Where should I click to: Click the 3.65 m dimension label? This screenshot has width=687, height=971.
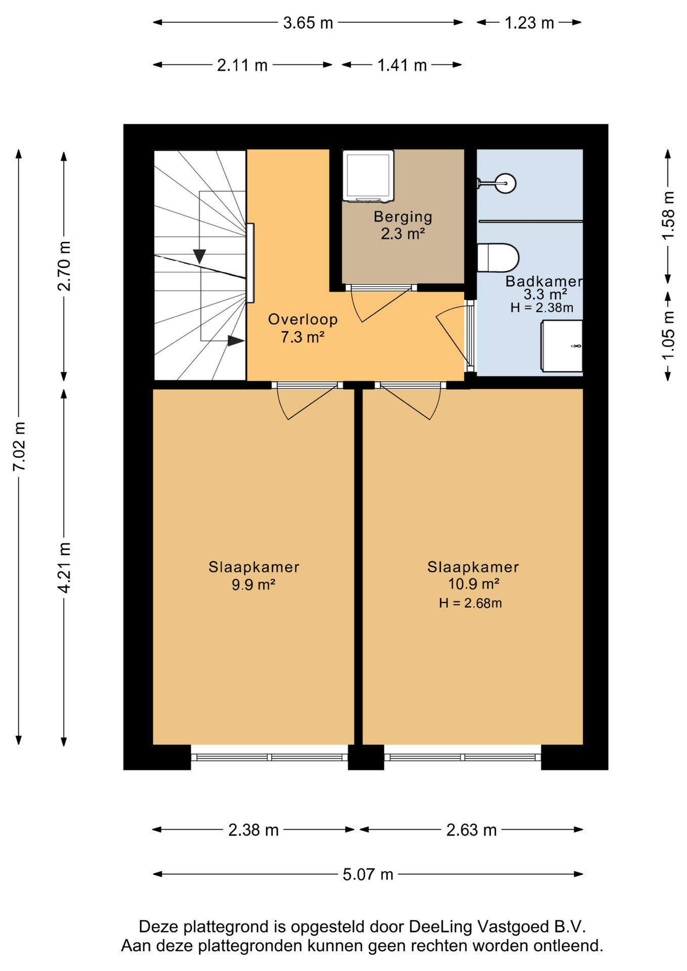pyautogui.click(x=308, y=23)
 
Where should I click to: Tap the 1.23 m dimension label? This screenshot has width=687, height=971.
pyautogui.click(x=529, y=23)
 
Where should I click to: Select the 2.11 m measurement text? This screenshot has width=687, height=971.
pyautogui.click(x=242, y=65)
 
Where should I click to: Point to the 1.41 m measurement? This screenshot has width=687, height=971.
pyautogui.click(x=402, y=65)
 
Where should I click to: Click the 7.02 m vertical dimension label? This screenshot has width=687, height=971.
pyautogui.click(x=19, y=447)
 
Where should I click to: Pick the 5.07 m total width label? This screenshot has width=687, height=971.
pyautogui.click(x=368, y=874)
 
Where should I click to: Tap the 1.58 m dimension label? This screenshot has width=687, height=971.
pyautogui.click(x=668, y=215)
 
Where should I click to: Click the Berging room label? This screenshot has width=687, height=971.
pyautogui.click(x=403, y=217)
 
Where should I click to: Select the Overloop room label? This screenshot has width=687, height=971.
pyautogui.click(x=303, y=320)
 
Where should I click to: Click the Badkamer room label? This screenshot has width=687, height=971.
pyautogui.click(x=544, y=282)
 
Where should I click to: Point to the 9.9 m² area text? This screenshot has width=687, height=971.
pyautogui.click(x=253, y=585)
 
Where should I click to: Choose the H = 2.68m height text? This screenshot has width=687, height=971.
pyautogui.click(x=470, y=603)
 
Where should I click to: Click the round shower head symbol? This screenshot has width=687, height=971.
pyautogui.click(x=505, y=183)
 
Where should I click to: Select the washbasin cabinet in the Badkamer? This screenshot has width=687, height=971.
pyautogui.click(x=562, y=346)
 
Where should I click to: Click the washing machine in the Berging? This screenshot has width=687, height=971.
pyautogui.click(x=368, y=176)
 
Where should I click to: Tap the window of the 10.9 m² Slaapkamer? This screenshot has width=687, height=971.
pyautogui.click(x=462, y=758)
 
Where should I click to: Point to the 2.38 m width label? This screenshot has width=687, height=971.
pyautogui.click(x=253, y=830)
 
